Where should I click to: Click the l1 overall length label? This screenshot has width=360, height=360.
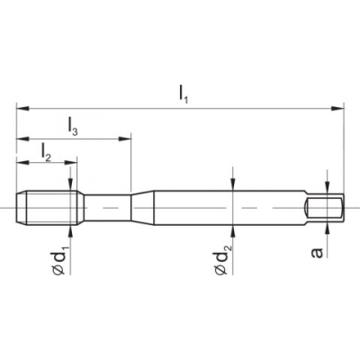[183, 92]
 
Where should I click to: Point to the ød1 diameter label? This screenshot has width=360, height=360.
[60, 261]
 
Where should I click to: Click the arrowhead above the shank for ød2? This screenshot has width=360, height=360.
[233, 186]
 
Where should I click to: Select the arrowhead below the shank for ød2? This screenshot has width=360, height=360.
[233, 229]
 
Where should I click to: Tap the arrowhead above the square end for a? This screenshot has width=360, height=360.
[327, 190]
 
